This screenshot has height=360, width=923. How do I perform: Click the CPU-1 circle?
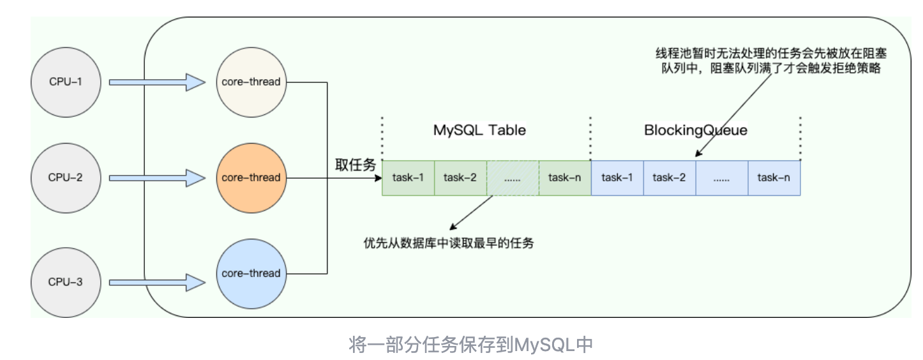(x=66, y=82)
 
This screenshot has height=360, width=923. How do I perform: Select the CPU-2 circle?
(x=66, y=178)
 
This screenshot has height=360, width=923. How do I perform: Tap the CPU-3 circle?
(x=66, y=282)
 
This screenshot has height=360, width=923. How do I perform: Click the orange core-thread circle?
(x=251, y=178)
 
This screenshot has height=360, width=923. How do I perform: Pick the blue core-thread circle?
(x=251, y=273)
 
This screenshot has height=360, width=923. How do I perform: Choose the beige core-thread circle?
(x=251, y=82)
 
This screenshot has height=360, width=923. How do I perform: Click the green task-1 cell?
(x=409, y=178)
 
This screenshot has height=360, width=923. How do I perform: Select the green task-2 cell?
(x=461, y=178)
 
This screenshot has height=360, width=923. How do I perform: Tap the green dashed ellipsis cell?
(x=513, y=178)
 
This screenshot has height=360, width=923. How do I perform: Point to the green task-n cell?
(x=565, y=178)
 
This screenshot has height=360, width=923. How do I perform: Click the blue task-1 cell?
(x=617, y=178)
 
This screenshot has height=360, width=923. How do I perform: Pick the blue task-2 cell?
(x=670, y=178)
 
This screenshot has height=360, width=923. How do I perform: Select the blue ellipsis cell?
(x=722, y=178)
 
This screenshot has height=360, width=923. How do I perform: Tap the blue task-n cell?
(x=774, y=178)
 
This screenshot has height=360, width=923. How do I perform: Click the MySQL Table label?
(x=479, y=130)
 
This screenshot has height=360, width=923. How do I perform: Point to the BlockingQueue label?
(x=696, y=131)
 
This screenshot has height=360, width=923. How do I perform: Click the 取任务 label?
(x=356, y=165)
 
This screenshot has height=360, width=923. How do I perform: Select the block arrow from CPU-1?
(x=157, y=82)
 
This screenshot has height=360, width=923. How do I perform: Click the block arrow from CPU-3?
(x=157, y=283)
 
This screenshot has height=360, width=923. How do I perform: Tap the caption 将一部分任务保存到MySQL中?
(x=470, y=344)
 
